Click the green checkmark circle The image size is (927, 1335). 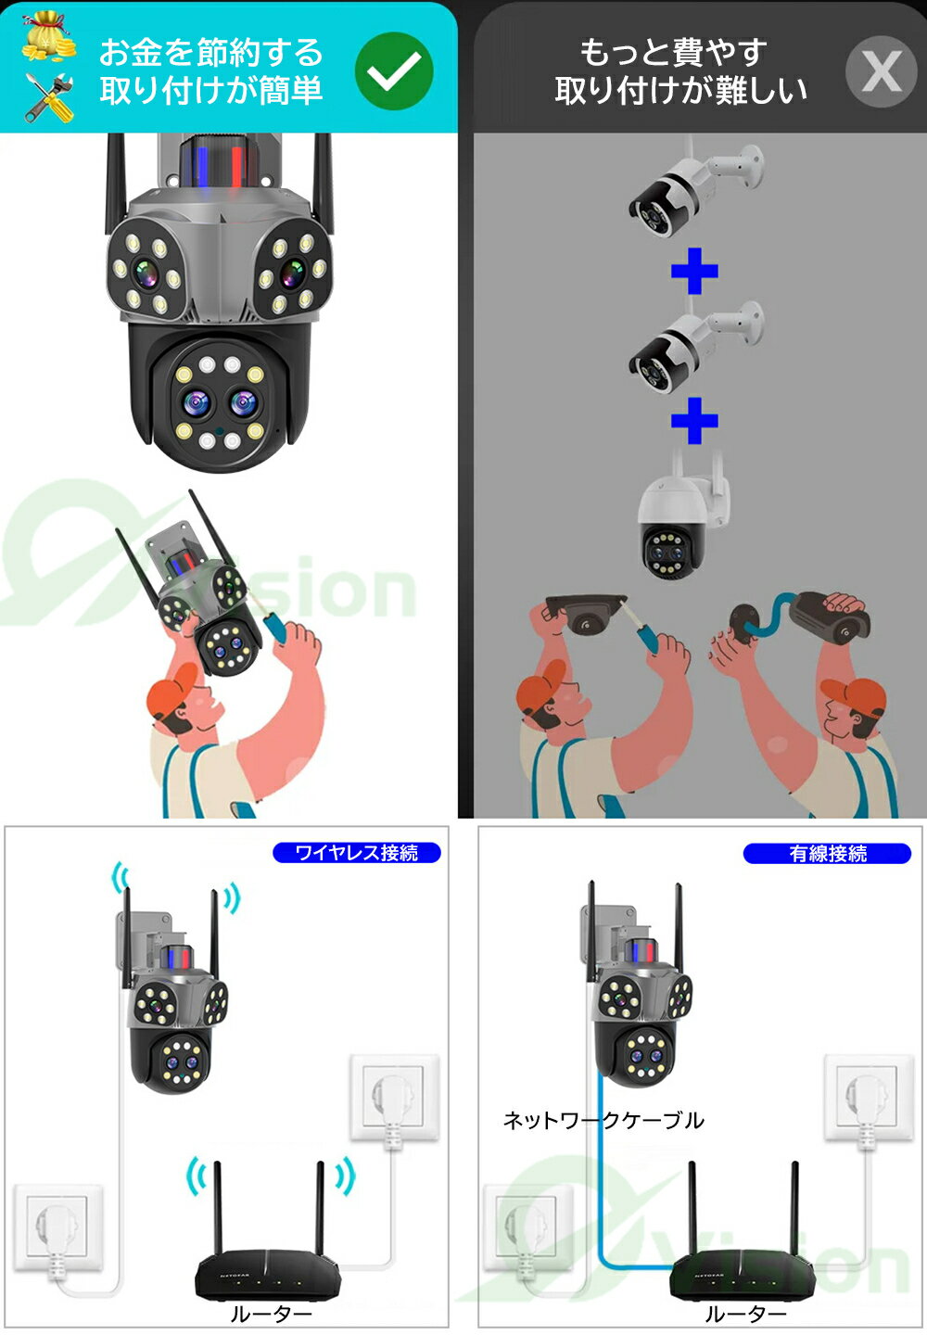click(394, 70)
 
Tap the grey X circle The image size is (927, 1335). click(882, 71)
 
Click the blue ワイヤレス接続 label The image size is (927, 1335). click(356, 853)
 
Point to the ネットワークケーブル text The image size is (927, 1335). click(603, 1121)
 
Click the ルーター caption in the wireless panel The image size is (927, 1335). click(271, 1314)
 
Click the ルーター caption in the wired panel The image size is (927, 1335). click(746, 1314)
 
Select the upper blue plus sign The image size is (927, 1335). click(694, 271)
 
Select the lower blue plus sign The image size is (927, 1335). click(694, 421)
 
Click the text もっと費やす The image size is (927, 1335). click(673, 53)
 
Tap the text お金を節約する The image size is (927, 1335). click(211, 53)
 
